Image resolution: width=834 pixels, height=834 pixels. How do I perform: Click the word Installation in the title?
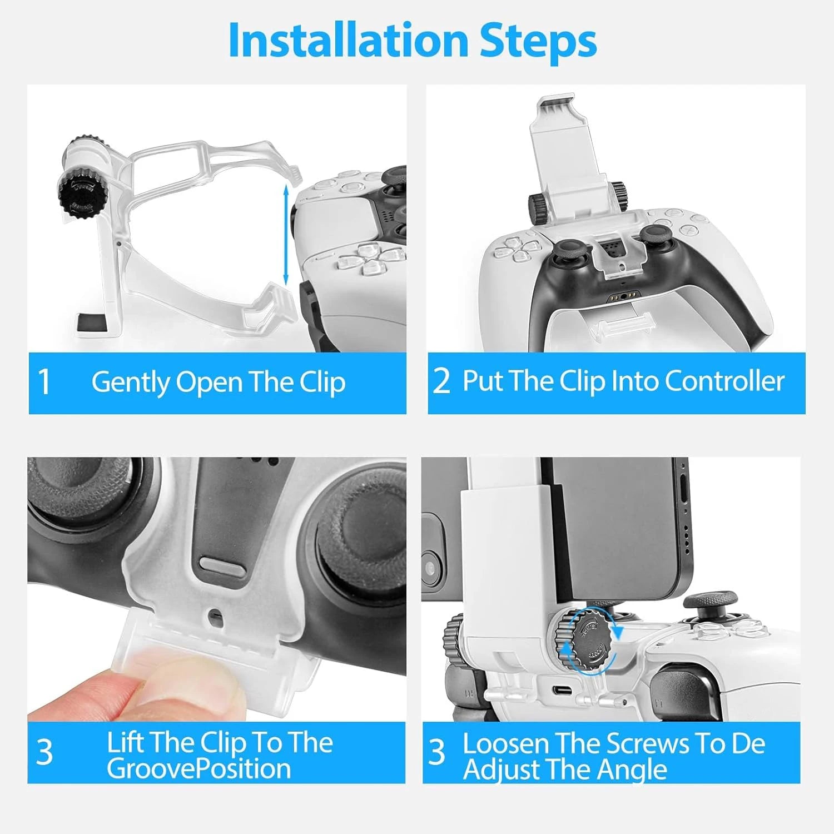pyautogui.click(x=348, y=40)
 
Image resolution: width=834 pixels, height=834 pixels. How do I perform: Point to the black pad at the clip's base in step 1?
pyautogui.click(x=93, y=323)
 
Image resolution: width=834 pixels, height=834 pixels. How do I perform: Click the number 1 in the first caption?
pyautogui.click(x=44, y=383)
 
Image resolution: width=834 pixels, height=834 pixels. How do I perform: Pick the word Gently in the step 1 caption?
pyautogui.click(x=130, y=383)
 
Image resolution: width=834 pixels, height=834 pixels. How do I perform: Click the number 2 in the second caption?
pyautogui.click(x=441, y=381)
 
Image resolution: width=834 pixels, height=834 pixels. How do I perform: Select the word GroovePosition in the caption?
pyautogui.click(x=198, y=769)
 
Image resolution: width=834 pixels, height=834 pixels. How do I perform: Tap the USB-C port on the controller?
pyautogui.click(x=562, y=691)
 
